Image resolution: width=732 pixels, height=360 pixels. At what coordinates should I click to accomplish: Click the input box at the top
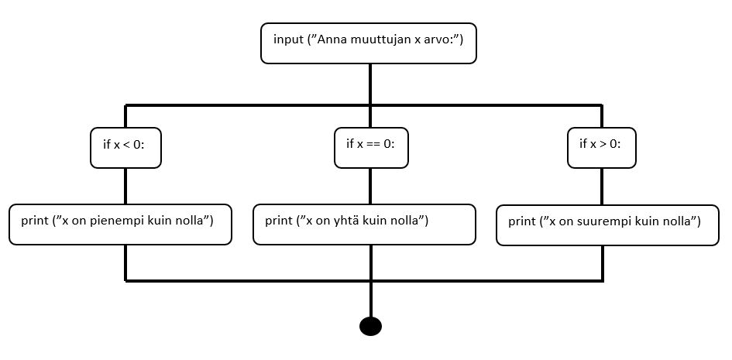coord(369,43)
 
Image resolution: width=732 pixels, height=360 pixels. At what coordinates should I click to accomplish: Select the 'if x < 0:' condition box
coord(125,147)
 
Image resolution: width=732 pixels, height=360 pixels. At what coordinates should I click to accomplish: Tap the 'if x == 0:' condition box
coord(371,147)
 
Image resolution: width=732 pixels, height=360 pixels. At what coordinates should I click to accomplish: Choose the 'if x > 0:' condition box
coord(602,147)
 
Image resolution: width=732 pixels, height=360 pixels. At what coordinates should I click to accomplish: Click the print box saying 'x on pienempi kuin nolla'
coord(120,225)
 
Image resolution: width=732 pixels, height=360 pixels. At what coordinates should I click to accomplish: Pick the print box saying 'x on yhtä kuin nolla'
coord(364,225)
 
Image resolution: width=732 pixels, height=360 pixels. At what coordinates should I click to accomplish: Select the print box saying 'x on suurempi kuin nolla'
coord(607,225)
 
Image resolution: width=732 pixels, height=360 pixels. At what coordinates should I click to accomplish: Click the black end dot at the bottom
coord(371,326)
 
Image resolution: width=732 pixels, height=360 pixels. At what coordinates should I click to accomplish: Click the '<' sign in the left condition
coord(129,145)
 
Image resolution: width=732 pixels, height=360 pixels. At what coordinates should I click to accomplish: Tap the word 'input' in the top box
coord(288,39)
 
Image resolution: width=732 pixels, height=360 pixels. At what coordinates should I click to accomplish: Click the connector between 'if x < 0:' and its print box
coord(125,186)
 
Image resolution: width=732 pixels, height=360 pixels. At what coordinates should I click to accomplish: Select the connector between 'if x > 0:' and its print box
coord(602,187)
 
